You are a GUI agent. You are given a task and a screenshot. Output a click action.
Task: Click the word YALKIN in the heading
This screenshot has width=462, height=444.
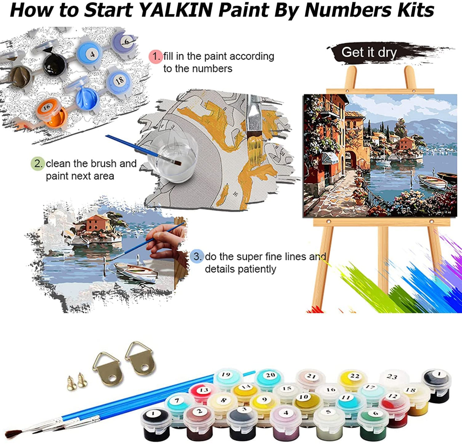(x=176, y=10)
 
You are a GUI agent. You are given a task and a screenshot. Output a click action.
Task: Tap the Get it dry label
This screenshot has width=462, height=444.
(x=368, y=52)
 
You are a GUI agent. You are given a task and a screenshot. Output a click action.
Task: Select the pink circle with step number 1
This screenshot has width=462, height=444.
(x=156, y=56)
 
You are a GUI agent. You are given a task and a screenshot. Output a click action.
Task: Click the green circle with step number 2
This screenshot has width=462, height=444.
(x=38, y=164)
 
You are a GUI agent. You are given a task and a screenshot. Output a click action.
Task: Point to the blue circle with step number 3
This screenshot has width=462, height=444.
(x=197, y=257)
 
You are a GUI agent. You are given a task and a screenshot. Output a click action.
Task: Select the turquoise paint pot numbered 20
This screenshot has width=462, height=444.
(x=269, y=377)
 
